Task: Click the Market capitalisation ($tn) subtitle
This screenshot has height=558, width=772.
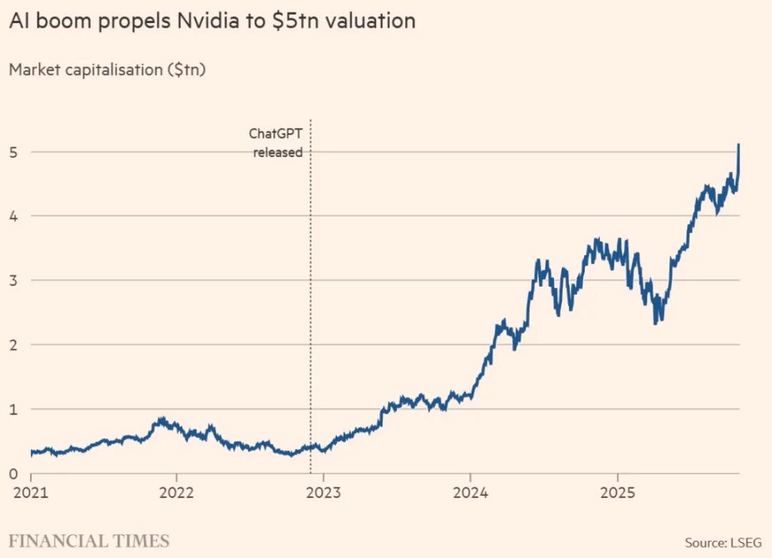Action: point(107,70)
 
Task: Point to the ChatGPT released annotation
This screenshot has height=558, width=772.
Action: point(276,142)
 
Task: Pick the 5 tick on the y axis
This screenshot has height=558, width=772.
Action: point(14,151)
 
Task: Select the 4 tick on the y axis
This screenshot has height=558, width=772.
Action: point(14,216)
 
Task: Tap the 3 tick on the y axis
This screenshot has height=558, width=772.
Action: point(14,280)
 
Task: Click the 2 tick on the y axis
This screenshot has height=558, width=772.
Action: point(14,344)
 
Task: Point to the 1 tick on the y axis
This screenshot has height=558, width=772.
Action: point(14,409)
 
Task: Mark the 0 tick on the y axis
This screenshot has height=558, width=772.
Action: point(14,474)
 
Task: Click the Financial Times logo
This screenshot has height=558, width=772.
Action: point(89,541)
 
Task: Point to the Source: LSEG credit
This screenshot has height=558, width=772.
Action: point(723,542)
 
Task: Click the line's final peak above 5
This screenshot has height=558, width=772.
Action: point(738,145)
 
